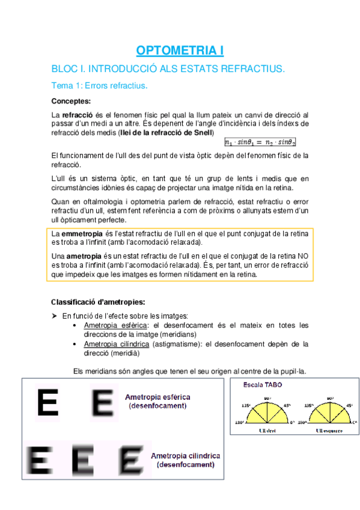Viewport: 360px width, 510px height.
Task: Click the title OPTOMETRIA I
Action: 180,50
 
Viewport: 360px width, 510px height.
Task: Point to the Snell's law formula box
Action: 260,142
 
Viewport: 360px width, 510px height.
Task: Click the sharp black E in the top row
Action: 47,402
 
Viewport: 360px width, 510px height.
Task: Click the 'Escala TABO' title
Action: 263,384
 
